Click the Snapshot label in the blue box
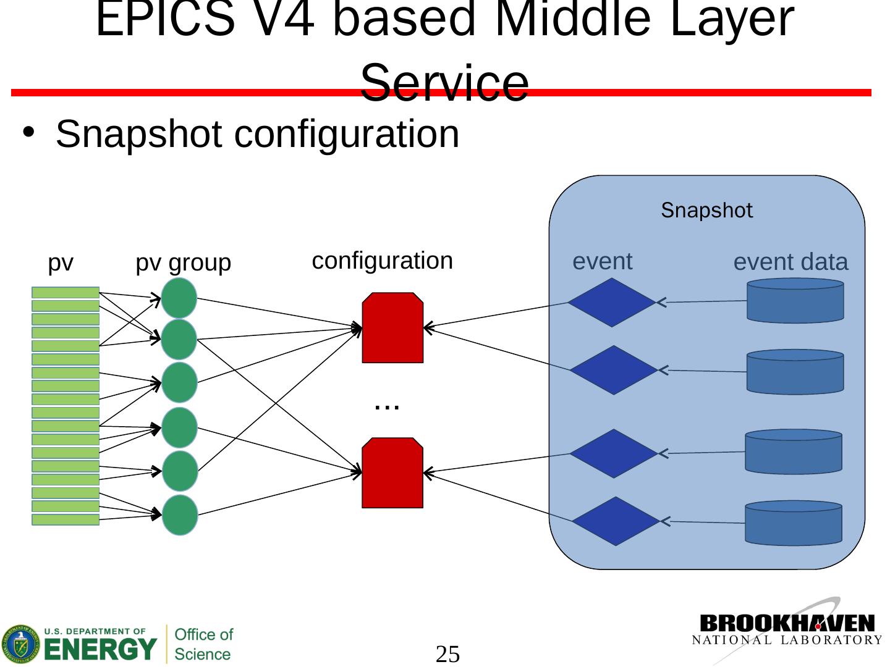[x=706, y=211]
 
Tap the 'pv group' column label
[x=183, y=263]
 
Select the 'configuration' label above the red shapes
[x=382, y=261]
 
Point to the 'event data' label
[x=790, y=262]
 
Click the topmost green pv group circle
[x=179, y=298]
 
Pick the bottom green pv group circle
[x=180, y=515]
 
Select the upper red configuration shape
[x=392, y=328]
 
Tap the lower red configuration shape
[x=392, y=473]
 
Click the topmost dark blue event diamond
[x=611, y=303]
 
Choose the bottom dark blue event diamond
[x=616, y=521]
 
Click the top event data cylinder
[x=795, y=301]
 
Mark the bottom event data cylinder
[x=794, y=523]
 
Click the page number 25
[x=448, y=654]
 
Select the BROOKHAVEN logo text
[x=787, y=623]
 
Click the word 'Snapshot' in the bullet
[x=138, y=134]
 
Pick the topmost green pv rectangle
[x=66, y=293]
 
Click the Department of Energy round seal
[x=20, y=644]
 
